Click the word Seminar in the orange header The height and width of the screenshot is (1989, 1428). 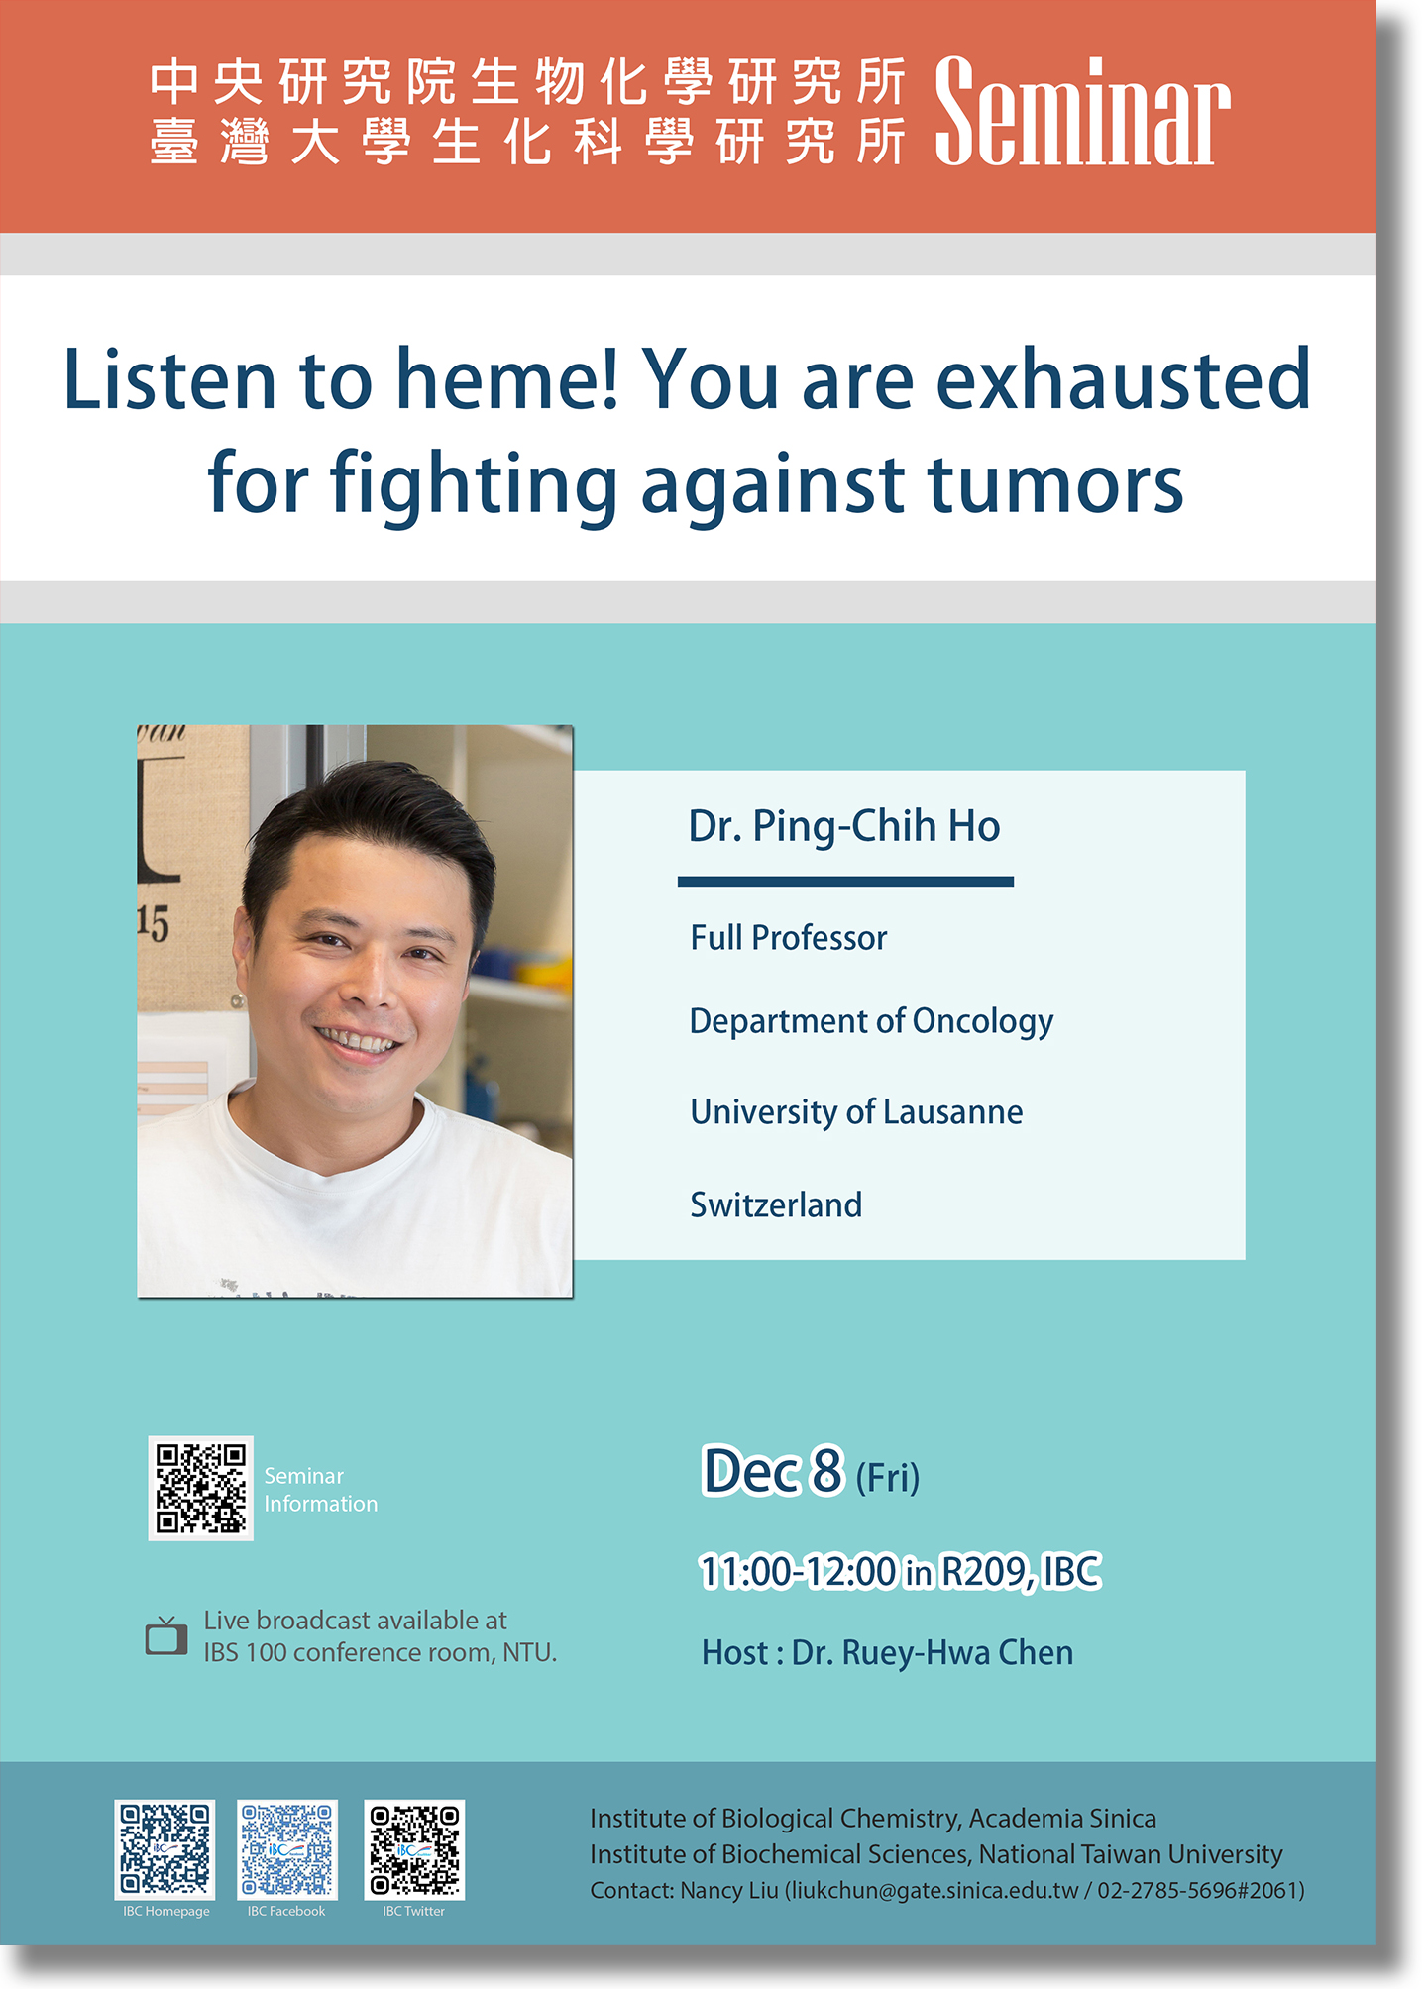click(x=1082, y=111)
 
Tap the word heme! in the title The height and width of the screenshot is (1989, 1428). click(x=506, y=379)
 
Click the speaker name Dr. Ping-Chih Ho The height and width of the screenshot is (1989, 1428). click(x=844, y=826)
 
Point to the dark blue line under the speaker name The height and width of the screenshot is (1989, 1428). click(x=845, y=881)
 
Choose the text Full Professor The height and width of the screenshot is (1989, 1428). click(x=789, y=937)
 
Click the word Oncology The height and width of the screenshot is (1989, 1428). click(x=982, y=1022)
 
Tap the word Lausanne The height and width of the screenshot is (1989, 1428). click(x=952, y=1111)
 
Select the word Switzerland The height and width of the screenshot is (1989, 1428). click(x=776, y=1204)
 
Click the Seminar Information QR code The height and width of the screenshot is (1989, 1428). click(x=201, y=1488)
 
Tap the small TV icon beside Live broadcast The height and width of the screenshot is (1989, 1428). click(x=166, y=1635)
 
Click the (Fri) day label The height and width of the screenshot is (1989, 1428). click(x=888, y=1478)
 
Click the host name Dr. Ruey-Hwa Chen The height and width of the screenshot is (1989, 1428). click(x=933, y=1653)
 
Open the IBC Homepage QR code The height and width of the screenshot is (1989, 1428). click(x=165, y=1849)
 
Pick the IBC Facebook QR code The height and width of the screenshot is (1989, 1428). click(x=287, y=1849)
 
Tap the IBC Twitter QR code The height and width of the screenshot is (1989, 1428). click(x=414, y=1849)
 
